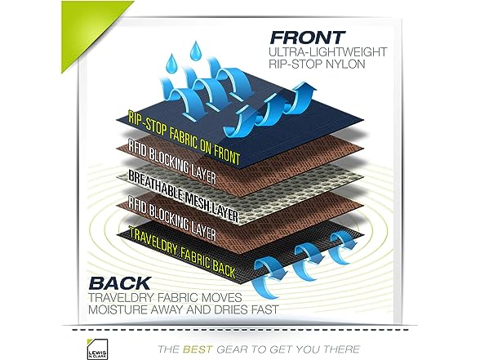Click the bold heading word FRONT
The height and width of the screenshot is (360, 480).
[307, 38]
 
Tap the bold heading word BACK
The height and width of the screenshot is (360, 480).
[120, 283]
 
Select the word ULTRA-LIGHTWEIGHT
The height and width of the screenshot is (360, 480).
[328, 51]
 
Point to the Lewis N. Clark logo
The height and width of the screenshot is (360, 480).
[97, 349]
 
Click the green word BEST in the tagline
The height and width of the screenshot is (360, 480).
[198, 349]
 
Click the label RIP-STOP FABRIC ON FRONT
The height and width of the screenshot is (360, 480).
[184, 138]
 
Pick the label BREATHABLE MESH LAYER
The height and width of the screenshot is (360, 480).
[183, 196]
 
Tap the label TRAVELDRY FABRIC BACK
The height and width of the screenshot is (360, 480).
[183, 252]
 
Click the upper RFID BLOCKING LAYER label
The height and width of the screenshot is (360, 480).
[172, 163]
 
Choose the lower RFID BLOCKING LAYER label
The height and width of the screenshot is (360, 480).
[172, 219]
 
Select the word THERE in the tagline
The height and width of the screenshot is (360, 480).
[341, 349]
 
